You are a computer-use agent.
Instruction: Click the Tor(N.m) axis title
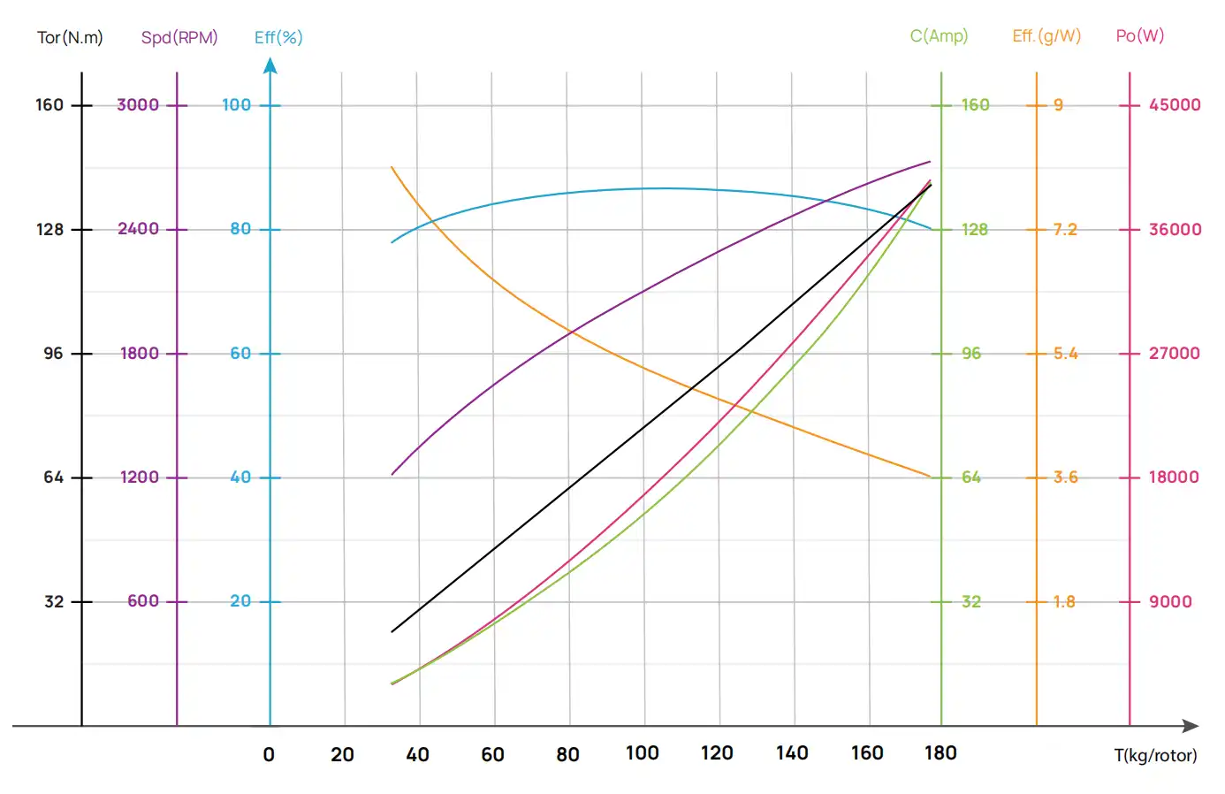point(70,37)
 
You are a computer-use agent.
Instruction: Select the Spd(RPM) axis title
point(179,37)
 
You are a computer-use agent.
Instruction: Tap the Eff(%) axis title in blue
point(278,37)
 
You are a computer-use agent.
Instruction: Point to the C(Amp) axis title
point(939,36)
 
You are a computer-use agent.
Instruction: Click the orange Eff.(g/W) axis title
point(1046,36)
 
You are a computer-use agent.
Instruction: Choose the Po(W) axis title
point(1139,36)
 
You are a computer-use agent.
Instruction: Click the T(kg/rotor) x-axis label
point(1155,755)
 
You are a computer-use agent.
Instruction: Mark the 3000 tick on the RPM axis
point(138,105)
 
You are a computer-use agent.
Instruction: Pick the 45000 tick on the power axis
point(1175,105)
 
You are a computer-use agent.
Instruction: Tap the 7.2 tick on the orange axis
point(1064,230)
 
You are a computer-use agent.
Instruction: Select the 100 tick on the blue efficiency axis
point(236,105)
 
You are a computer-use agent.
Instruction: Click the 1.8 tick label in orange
point(1064,602)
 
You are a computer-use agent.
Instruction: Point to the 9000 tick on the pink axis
point(1170,602)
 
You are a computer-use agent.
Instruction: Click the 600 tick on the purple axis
point(143,601)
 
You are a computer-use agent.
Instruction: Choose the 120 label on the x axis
point(717,753)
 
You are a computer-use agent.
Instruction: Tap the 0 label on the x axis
point(269,754)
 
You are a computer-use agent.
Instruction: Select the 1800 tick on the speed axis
point(140,354)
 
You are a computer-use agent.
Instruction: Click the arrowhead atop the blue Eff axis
point(270,65)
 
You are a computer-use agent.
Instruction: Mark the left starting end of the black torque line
point(392,631)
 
